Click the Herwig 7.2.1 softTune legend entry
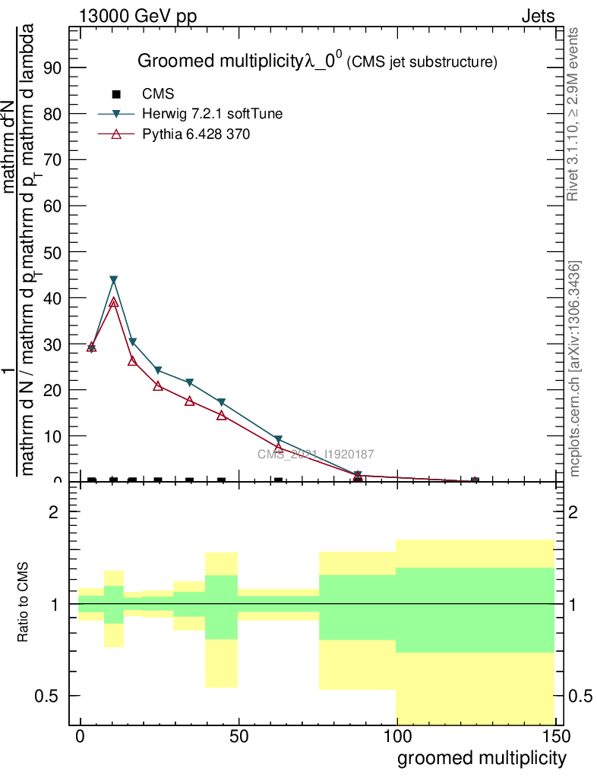coord(212,115)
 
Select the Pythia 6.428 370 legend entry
coord(196,134)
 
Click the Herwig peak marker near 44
coord(114,280)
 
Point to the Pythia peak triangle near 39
coord(114,302)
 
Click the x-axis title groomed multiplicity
coord(482,757)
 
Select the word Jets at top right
coord(538,16)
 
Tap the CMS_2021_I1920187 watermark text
coord(315,455)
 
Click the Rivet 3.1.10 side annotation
coord(573,114)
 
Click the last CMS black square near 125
coord(475,481)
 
